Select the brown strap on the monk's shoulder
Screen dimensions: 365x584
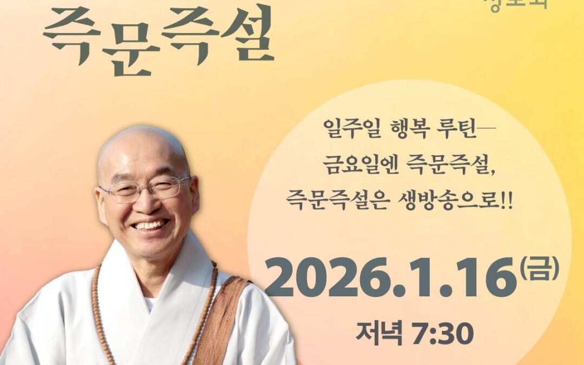click(219, 319)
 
